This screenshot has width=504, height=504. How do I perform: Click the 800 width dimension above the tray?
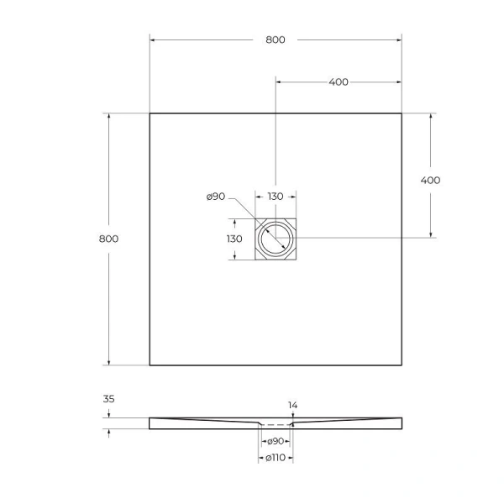coord(275,39)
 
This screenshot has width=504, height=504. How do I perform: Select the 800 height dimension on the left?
coord(108,239)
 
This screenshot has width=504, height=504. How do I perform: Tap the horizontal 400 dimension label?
coord(338,81)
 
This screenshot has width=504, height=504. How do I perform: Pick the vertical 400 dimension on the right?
coord(430,180)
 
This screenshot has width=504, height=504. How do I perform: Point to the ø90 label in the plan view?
coord(215,197)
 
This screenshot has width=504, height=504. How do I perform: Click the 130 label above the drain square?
coord(275,196)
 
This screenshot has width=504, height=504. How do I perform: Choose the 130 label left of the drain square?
coord(234,239)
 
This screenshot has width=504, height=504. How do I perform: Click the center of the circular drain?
coord(275,239)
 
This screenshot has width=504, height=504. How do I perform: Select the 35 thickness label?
coord(108,401)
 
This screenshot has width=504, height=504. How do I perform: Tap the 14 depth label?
coord(292,406)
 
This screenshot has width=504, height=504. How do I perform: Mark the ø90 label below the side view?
coord(275,441)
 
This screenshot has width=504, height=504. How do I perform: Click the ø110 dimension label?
coord(275,457)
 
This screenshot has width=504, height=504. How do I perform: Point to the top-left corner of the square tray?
coord(150,113)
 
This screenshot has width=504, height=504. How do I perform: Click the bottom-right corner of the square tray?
coord(402,365)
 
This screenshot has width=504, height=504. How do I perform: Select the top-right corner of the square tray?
coord(402,113)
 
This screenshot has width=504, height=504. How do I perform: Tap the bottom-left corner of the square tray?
coord(150,365)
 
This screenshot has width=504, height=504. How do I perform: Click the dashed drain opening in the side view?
coord(275,425)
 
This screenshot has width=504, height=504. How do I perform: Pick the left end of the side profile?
coord(151,423)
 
